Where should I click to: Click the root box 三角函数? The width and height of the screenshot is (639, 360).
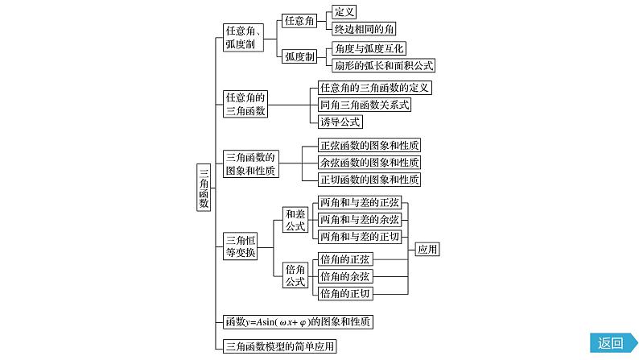coord(204,187)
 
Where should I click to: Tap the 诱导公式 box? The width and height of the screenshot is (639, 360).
coord(340,122)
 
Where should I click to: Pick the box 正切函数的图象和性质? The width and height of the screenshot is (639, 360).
coord(369,180)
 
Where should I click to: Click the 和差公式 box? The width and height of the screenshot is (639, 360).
coord(295,220)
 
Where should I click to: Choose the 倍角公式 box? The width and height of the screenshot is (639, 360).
coord(295,275)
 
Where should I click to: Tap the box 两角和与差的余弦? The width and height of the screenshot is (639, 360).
coord(359,220)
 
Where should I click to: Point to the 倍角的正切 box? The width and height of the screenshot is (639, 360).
coord(346,294)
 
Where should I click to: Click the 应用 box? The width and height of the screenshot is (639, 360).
coord(428,250)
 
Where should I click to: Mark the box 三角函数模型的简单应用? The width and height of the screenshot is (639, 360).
coord(279,347)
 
